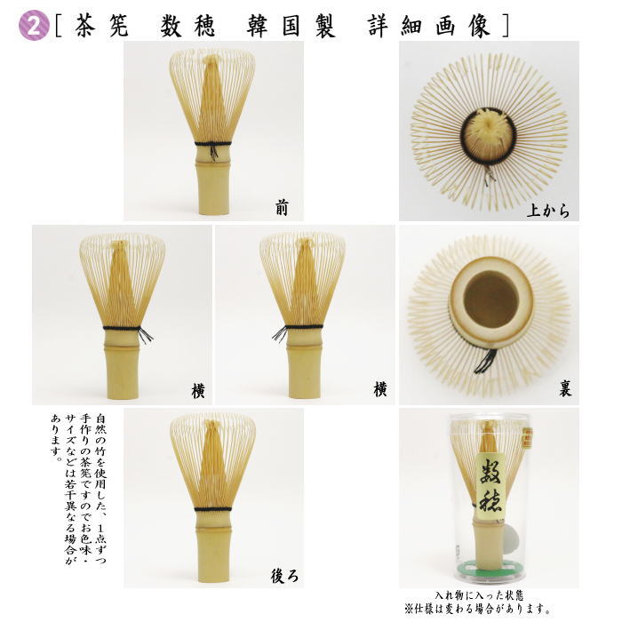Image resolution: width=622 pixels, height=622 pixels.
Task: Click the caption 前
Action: (282, 208)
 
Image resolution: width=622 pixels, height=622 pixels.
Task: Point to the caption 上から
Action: (547, 211)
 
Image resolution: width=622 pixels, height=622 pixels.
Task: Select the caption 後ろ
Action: (283, 575)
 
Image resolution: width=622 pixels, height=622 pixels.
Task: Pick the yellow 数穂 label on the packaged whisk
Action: (492, 488)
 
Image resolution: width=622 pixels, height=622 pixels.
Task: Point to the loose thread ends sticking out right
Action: (146, 334)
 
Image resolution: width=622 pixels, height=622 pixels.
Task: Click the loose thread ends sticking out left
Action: (279, 334)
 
